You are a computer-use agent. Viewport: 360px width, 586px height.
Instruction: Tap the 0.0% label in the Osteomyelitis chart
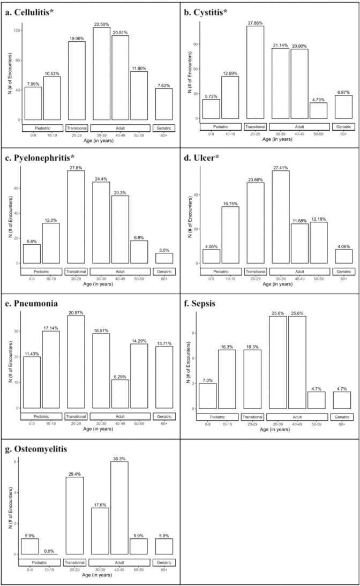(x=52, y=550)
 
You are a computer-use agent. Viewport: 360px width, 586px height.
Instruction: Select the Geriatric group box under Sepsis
(x=342, y=416)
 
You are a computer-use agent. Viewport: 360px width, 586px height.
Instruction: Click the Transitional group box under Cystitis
(x=256, y=127)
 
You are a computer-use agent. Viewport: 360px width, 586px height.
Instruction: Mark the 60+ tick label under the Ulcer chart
(x=342, y=279)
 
